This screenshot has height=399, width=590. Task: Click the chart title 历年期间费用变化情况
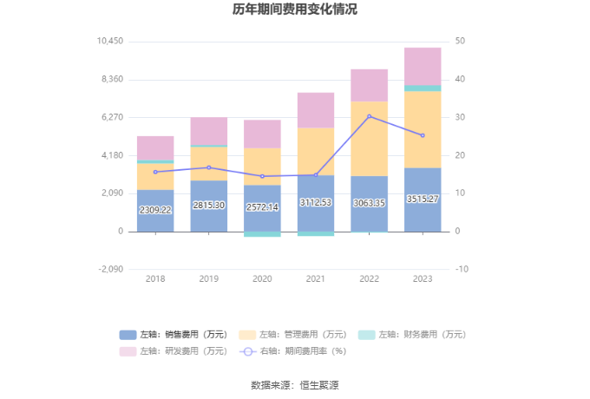295,10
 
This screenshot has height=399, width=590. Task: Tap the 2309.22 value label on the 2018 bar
155,210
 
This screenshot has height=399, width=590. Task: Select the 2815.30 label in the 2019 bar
208,206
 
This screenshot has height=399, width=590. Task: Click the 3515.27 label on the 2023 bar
423,199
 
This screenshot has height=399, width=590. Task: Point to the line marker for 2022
369,116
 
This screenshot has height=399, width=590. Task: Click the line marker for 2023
423,135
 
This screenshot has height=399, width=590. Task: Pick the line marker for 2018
155,172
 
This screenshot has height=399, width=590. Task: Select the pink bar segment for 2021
316,110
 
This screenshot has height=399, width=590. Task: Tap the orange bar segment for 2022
369,139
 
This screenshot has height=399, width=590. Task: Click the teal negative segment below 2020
262,234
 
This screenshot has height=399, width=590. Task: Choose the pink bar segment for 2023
423,66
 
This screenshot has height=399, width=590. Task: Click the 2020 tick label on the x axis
262,278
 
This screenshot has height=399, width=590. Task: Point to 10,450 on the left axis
110,42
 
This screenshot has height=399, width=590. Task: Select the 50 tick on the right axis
461,42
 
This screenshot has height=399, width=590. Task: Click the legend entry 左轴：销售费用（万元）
174,335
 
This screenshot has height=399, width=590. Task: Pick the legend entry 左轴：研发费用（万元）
174,351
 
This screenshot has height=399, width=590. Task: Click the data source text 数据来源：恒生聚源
295,384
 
